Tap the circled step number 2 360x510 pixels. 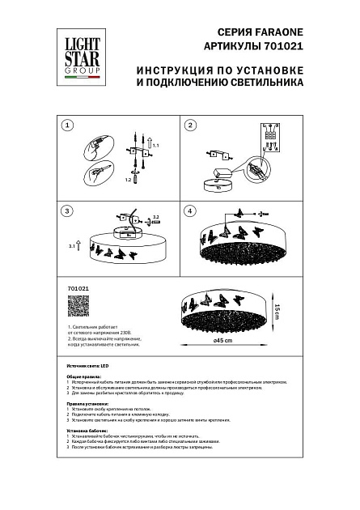pyautogui.click(x=192, y=125)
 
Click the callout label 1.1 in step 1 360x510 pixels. pyautogui.click(x=156, y=144)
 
